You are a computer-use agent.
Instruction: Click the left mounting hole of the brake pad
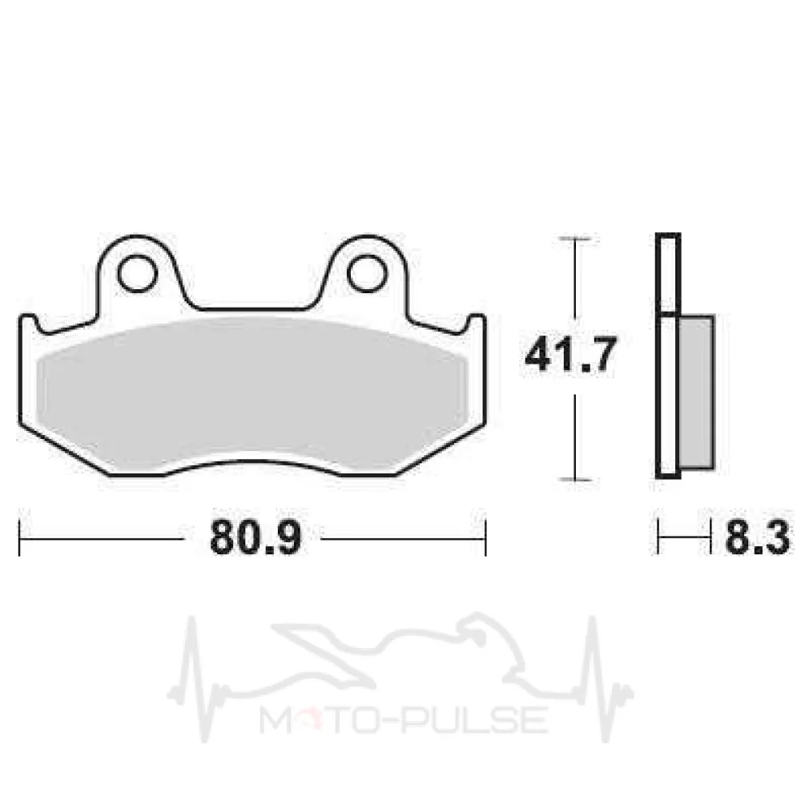pyautogui.click(x=136, y=273)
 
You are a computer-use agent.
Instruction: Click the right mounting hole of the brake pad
pyautogui.click(x=367, y=273)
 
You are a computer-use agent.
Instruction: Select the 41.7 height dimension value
pyautogui.click(x=570, y=354)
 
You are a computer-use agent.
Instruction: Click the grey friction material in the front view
pyautogui.click(x=253, y=393)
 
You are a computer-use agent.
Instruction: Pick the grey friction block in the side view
pyautogui.click(x=696, y=392)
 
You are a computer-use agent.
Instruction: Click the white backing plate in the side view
pyautogui.click(x=668, y=356)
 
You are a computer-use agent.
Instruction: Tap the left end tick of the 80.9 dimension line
pyautogui.click(x=19, y=538)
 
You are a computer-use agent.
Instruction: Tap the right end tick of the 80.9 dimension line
pyautogui.click(x=485, y=538)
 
